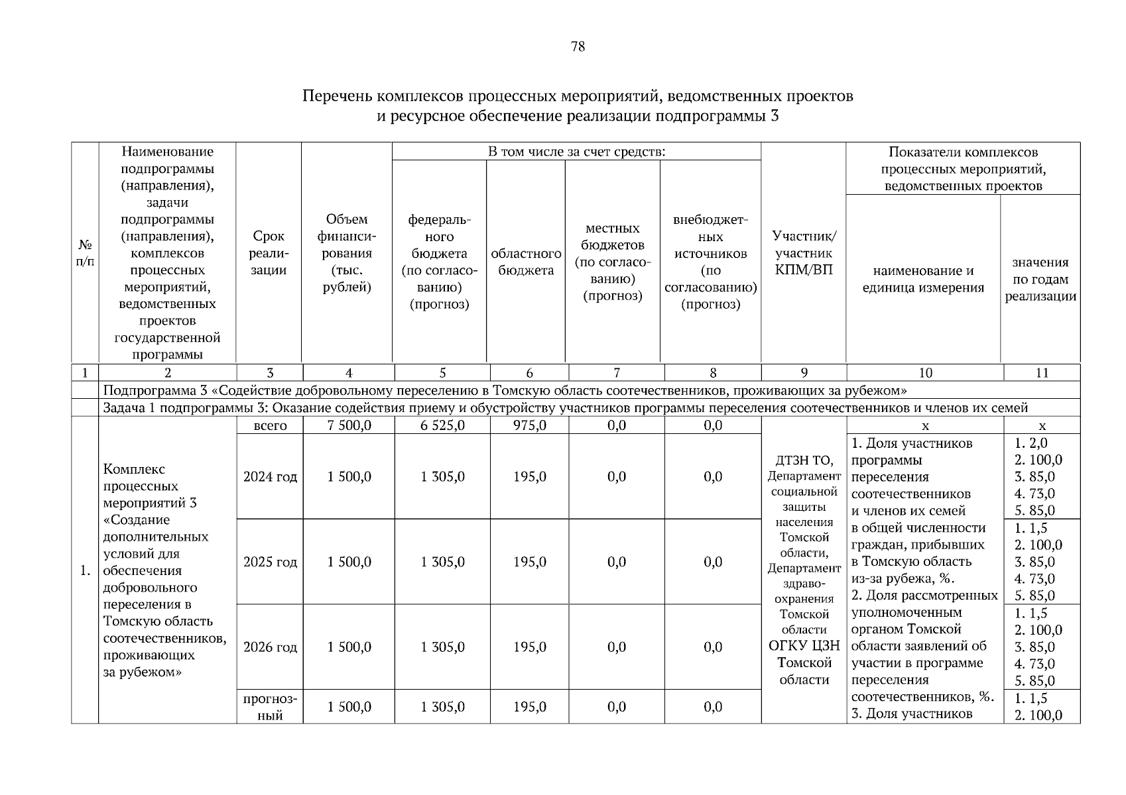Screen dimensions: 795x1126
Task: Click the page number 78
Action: tap(577, 46)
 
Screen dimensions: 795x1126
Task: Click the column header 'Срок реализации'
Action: tap(269, 253)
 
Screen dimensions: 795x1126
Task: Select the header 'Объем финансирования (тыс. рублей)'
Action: tap(347, 253)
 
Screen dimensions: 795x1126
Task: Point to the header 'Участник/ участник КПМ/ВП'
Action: tap(804, 253)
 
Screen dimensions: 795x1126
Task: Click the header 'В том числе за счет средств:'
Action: tap(576, 152)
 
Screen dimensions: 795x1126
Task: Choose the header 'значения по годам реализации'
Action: tap(1040, 279)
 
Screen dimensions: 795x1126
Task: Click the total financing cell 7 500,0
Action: tap(349, 425)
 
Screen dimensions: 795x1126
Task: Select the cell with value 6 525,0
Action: tap(442, 425)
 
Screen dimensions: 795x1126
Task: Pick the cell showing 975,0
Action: tap(529, 425)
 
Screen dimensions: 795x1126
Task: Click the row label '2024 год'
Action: tap(270, 477)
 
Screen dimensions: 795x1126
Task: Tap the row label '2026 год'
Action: tap(270, 647)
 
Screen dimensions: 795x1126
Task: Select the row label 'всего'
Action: tap(270, 425)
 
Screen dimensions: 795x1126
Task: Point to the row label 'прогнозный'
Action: tap(270, 707)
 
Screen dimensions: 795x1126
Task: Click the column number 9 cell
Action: tap(804, 373)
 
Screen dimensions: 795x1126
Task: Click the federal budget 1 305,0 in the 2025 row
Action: tap(442, 562)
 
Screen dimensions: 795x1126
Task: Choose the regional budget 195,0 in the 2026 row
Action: tap(529, 647)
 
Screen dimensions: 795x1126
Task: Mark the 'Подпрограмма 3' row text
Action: tap(504, 390)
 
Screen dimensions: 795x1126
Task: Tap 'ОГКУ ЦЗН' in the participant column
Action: tap(804, 646)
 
